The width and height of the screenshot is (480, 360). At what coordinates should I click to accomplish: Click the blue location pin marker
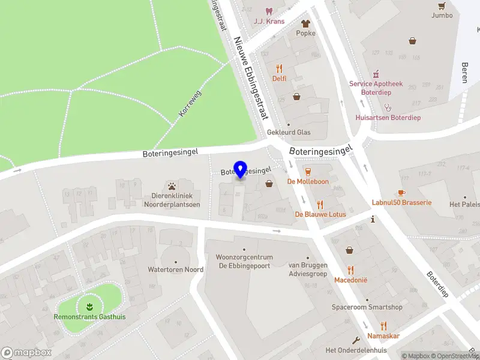pyautogui.click(x=241, y=170)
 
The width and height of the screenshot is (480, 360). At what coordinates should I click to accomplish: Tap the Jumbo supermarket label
pyautogui.click(x=442, y=15)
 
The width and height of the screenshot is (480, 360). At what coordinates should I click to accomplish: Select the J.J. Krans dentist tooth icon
pyautogui.click(x=269, y=11)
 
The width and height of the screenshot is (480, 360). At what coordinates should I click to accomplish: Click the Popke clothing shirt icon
pyautogui.click(x=305, y=23)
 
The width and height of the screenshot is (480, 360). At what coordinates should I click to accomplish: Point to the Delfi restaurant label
pyautogui.click(x=279, y=78)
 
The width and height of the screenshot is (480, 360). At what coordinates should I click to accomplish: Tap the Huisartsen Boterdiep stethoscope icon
pyautogui.click(x=388, y=107)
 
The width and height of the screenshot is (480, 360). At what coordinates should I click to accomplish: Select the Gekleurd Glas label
pyautogui.click(x=289, y=132)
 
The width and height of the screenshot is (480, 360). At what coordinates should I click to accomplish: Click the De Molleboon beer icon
pyautogui.click(x=308, y=171)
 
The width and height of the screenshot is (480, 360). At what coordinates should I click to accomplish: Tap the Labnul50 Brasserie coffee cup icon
pyautogui.click(x=401, y=193)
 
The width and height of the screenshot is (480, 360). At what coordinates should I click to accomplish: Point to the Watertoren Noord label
pyautogui.click(x=176, y=269)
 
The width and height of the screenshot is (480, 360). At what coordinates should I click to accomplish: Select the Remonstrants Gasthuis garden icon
pyautogui.click(x=89, y=306)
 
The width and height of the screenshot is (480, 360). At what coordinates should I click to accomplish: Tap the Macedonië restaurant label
pyautogui.click(x=350, y=280)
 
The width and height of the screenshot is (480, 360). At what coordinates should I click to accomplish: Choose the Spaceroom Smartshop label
pyautogui.click(x=367, y=307)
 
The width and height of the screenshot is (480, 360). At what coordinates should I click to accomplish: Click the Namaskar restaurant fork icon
pyautogui.click(x=383, y=326)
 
